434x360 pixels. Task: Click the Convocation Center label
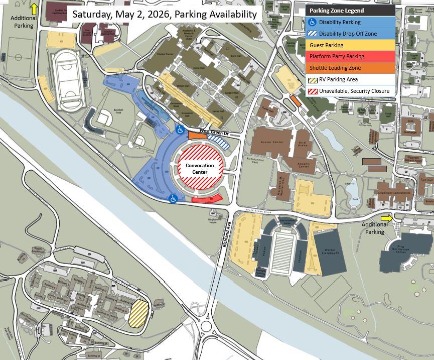coord(200,169)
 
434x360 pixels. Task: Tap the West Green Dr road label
coord(214,132)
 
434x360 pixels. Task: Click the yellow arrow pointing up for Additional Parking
coord(34,9)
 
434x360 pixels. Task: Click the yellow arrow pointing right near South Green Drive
coord(386,218)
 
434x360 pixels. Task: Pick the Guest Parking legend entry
coord(326,45)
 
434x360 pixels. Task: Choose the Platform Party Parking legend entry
coord(337,57)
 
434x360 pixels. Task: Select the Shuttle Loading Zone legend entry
coord(335,68)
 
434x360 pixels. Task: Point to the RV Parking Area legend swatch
coord(312,80)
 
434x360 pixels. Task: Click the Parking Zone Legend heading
coord(337,11)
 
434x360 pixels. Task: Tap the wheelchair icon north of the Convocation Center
coord(180,130)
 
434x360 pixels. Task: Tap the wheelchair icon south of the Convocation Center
coord(173,199)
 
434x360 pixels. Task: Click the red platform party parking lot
coord(207,199)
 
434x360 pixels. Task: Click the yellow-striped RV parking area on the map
coord(138,314)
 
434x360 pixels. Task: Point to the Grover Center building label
coord(271,143)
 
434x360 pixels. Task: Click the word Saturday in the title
coord(92,14)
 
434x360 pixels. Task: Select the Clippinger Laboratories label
coord(394,193)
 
